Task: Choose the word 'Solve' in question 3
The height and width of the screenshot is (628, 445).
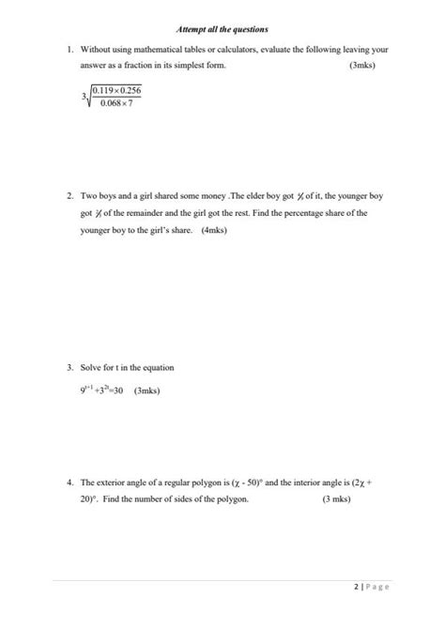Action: (x=92, y=368)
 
